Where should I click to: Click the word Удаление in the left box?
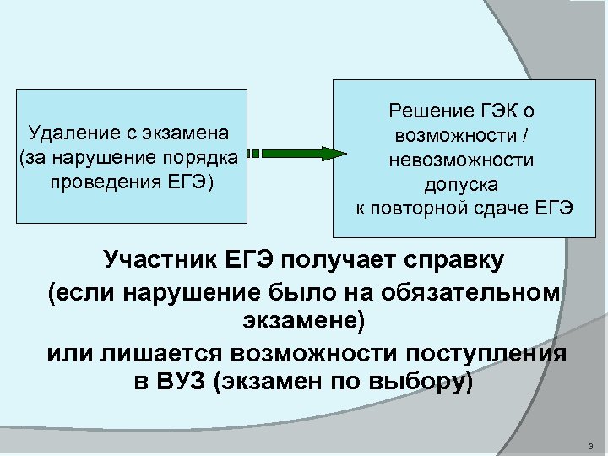(67, 133)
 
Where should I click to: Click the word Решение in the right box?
(426, 111)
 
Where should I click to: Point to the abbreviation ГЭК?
(492, 111)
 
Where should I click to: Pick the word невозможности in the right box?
(461, 160)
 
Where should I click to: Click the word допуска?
(461, 183)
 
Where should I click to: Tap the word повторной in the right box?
(413, 208)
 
